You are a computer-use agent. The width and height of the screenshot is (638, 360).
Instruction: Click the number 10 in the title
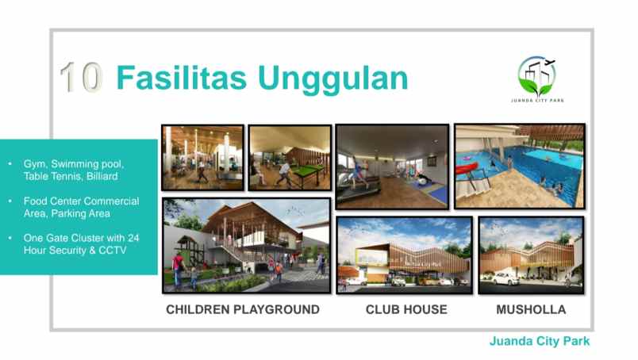click(81, 78)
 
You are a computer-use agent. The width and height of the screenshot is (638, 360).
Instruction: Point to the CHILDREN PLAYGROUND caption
click(243, 309)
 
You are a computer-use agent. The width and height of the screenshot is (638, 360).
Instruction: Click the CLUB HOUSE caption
click(406, 309)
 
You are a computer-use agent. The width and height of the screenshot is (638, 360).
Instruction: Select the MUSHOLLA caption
click(530, 309)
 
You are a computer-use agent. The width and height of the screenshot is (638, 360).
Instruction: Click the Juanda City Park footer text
click(539, 343)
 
